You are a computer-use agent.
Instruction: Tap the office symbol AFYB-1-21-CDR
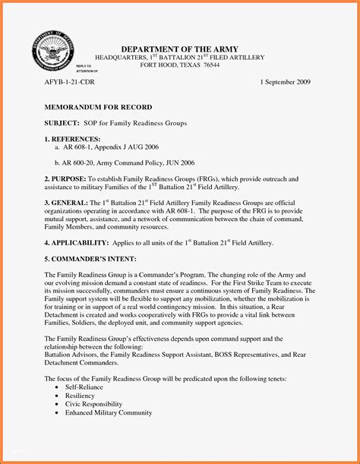point(70,81)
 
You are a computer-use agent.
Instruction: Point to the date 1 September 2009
point(286,81)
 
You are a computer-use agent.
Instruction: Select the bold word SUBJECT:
point(62,122)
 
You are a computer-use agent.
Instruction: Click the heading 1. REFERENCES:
point(72,139)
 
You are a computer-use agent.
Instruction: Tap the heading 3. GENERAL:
point(66,204)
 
